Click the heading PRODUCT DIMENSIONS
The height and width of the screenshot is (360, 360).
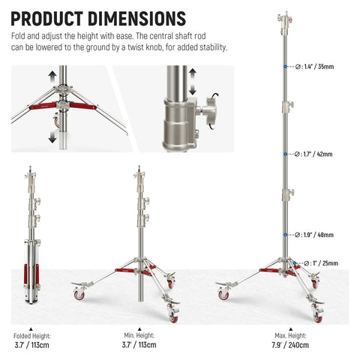(99, 17)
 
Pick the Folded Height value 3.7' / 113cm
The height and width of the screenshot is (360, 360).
(31, 345)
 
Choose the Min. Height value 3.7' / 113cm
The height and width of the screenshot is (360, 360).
(139, 345)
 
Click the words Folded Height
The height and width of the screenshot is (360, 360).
(31, 335)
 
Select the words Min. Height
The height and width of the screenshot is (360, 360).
(139, 335)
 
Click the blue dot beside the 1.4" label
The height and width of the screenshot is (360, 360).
(284, 67)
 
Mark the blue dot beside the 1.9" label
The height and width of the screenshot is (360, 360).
(284, 235)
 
